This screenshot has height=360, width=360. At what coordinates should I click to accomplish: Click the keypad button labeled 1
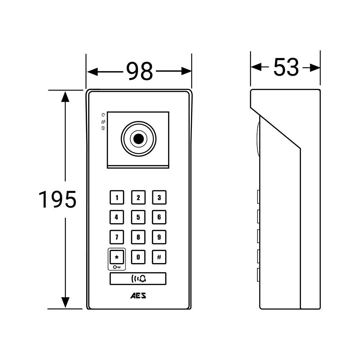point(117,197)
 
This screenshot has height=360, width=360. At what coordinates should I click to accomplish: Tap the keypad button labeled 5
point(138,217)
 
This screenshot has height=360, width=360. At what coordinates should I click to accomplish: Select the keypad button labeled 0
point(138,257)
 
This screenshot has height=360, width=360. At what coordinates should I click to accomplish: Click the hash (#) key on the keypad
point(159,257)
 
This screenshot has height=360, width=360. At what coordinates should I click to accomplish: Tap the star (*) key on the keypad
point(117,257)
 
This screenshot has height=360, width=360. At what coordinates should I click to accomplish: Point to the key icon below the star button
point(117,267)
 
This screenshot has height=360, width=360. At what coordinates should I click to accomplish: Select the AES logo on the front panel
point(138,296)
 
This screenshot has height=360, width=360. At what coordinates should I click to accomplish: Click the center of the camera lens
point(138,139)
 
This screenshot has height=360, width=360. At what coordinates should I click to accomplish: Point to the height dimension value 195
point(58,199)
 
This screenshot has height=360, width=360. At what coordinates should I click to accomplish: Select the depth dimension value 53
point(286,67)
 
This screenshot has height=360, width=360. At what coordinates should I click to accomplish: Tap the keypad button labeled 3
point(159,197)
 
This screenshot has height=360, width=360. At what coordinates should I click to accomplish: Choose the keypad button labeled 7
point(117,237)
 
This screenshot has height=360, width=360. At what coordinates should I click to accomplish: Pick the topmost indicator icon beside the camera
point(103,115)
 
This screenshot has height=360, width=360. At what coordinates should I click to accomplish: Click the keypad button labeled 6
point(159,217)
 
